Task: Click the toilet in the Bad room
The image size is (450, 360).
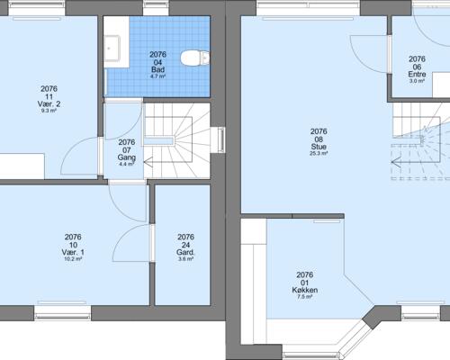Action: [x=195, y=58]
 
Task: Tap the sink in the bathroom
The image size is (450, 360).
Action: [x=112, y=49]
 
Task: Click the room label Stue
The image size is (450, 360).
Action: [x=319, y=147]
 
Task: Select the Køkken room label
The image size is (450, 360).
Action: [x=305, y=290]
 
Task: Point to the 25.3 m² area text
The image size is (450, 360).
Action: [x=319, y=153]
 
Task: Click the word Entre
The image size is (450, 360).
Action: [x=417, y=74]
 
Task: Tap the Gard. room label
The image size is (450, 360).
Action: [x=185, y=252]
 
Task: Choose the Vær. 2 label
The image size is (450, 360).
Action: [x=49, y=104]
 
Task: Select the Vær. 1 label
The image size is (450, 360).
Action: [x=73, y=252]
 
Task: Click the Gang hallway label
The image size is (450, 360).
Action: [x=127, y=157]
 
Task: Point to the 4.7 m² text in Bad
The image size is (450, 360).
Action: [x=157, y=76]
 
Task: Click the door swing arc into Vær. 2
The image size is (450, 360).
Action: [x=68, y=149]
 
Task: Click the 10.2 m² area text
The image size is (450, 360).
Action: [x=73, y=259]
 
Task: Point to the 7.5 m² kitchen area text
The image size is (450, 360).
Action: [x=305, y=297]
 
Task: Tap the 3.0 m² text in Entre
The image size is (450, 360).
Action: [x=417, y=81]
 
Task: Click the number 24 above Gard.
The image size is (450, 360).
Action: [x=185, y=245]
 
